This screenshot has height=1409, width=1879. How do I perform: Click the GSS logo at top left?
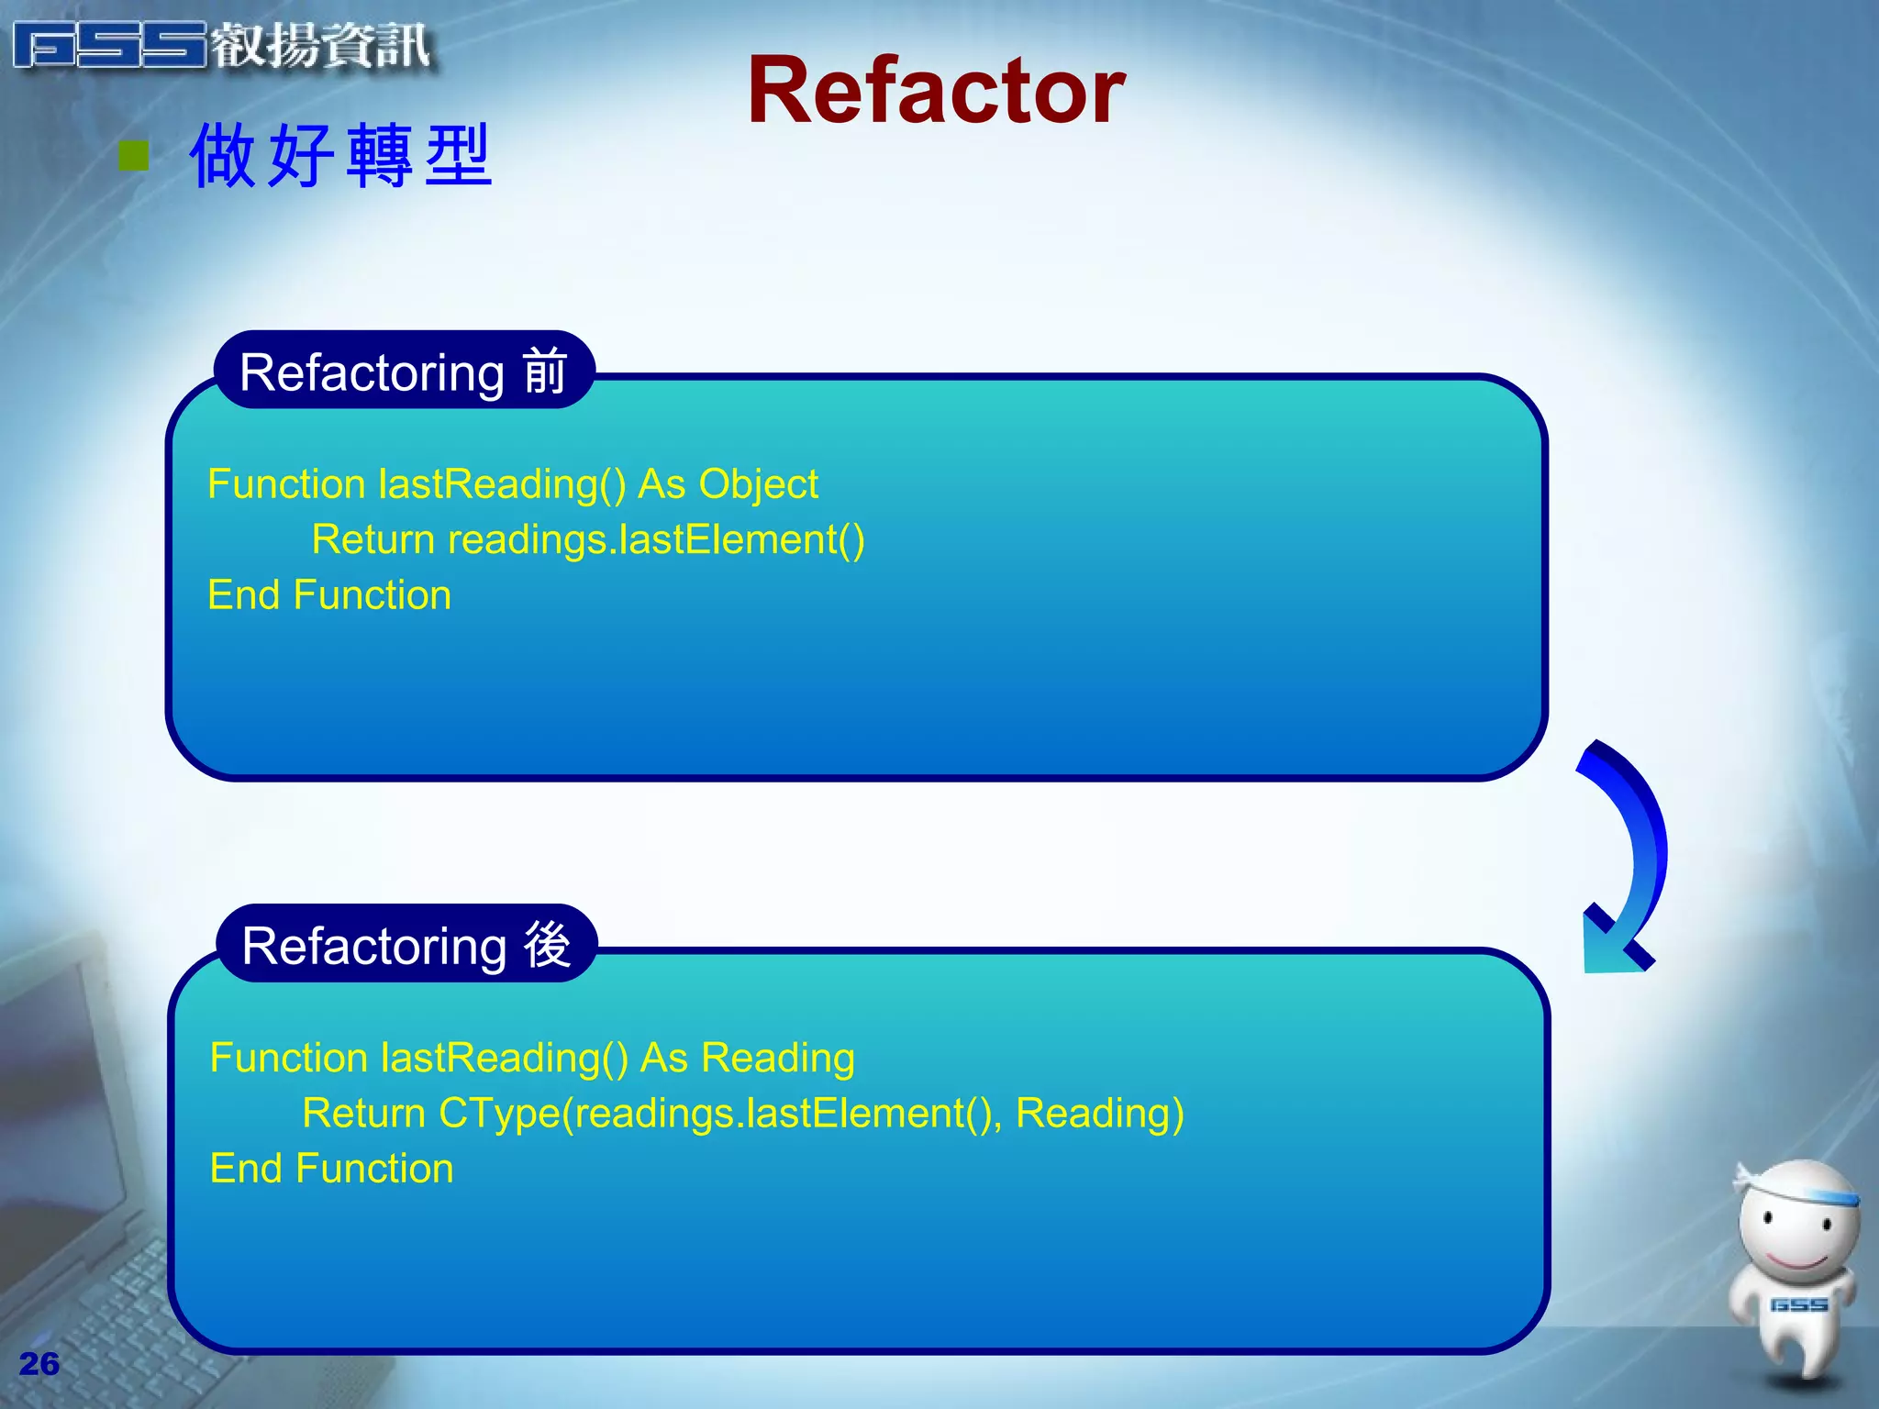click(x=110, y=46)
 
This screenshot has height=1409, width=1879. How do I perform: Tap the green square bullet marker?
click(x=134, y=156)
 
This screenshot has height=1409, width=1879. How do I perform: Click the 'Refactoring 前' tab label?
click(x=404, y=372)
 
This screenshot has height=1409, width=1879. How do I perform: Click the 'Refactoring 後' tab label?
click(x=406, y=945)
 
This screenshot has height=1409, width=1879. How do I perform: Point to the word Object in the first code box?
click(x=758, y=484)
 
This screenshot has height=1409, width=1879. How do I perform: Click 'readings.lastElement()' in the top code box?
click(x=656, y=539)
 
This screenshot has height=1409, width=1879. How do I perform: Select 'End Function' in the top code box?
click(x=329, y=595)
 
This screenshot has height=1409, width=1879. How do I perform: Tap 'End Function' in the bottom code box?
click(x=331, y=1169)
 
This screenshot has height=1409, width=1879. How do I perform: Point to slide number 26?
click(x=39, y=1364)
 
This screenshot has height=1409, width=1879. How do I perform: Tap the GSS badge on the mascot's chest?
click(x=1798, y=1304)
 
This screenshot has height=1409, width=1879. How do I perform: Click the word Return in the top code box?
click(x=372, y=539)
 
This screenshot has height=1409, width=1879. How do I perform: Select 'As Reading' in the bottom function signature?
click(x=747, y=1058)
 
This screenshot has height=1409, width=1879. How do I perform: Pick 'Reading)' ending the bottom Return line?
click(x=1099, y=1113)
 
